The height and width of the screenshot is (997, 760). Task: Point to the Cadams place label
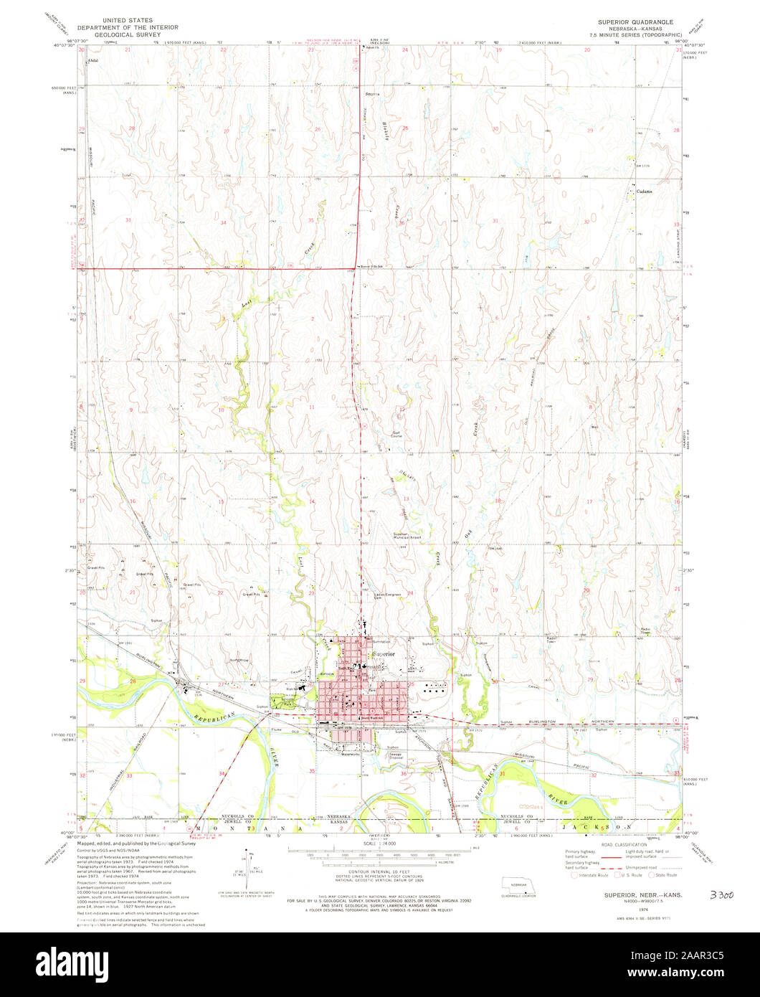pyautogui.click(x=642, y=191)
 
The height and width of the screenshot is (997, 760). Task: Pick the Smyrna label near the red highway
pyautogui.click(x=372, y=95)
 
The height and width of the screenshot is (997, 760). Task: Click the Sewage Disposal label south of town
pyautogui.click(x=396, y=755)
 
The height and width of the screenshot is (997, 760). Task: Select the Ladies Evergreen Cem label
pyautogui.click(x=387, y=595)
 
